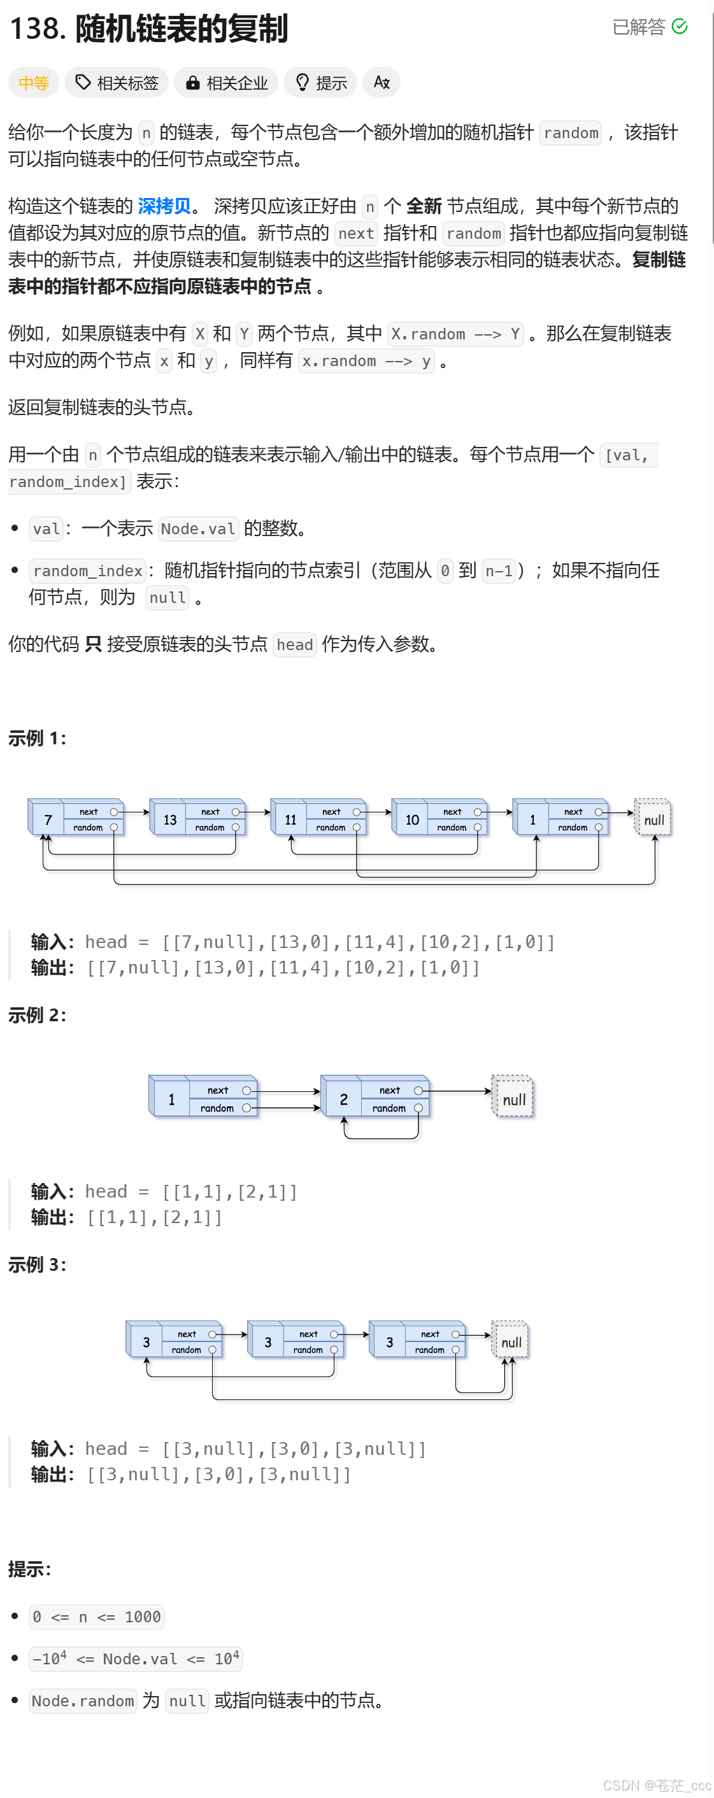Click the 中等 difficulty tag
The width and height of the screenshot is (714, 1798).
pos(33,83)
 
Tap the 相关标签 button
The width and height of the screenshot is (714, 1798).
pos(117,83)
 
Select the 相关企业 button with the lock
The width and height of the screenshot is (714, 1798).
pos(226,83)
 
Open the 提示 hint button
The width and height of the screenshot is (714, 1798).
pos(321,83)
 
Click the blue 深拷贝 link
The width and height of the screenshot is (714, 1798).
pos(164,206)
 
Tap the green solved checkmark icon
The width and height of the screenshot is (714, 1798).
pos(679,27)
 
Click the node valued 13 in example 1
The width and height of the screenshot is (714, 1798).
pos(169,819)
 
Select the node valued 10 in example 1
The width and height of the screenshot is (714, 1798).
pos(412,819)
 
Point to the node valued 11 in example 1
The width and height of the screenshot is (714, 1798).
pos(290,819)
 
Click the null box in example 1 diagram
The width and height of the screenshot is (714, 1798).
pos(653,819)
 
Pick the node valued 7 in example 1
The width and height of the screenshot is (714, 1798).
pos(48,819)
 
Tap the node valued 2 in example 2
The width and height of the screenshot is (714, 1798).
pos(343,1100)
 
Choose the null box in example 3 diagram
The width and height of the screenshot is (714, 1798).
pos(510,1342)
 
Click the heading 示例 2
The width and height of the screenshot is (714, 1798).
pos(37,1015)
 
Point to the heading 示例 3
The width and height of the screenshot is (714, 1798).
pos(37,1264)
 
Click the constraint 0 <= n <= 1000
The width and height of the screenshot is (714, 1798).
pos(96,1617)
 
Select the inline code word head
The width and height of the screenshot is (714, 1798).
pos(294,644)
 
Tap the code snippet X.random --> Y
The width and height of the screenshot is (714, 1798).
pos(455,334)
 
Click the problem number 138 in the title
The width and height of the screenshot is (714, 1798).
pos(36,29)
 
